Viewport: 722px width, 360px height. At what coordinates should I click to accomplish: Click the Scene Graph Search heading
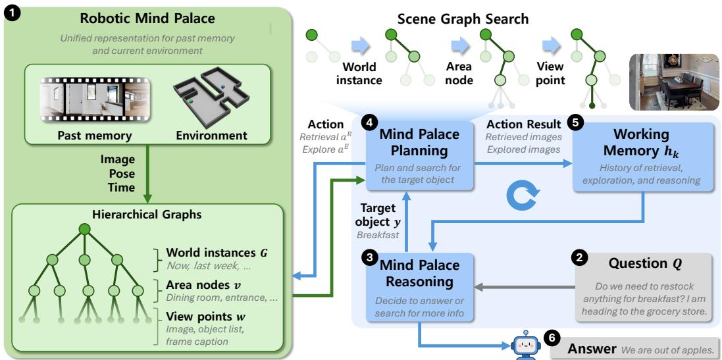click(463, 18)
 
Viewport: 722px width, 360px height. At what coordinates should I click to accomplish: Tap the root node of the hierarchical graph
click(84, 230)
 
